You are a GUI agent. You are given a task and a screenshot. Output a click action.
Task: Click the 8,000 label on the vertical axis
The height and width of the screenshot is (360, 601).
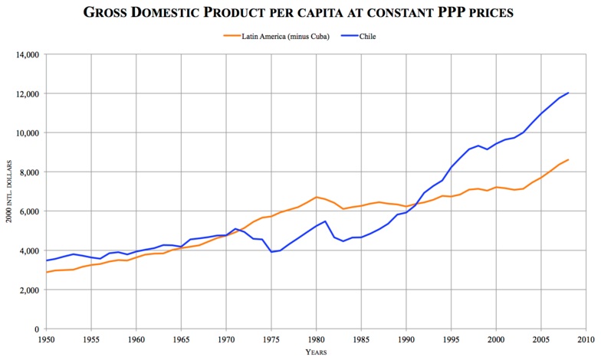click(x=26, y=172)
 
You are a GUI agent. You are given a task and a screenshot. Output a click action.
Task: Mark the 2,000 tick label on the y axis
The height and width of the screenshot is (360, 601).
click(x=26, y=290)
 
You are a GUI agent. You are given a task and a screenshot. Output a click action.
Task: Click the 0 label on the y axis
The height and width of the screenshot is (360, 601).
click(x=34, y=329)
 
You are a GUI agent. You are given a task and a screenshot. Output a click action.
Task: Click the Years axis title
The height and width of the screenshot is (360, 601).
click(x=316, y=352)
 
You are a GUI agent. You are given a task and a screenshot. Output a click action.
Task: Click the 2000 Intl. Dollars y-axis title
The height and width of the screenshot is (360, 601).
click(x=9, y=191)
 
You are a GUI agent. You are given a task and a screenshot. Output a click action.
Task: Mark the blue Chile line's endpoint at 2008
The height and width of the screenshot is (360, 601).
click(x=568, y=93)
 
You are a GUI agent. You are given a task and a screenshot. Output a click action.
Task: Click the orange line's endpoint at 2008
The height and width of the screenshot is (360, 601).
click(x=568, y=159)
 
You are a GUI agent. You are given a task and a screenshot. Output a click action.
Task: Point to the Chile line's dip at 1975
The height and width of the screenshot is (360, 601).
click(x=271, y=252)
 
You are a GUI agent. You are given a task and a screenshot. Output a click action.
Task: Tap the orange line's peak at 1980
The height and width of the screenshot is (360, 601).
click(x=316, y=197)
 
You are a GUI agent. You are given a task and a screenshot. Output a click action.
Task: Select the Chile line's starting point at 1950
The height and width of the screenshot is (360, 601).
click(x=46, y=260)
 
